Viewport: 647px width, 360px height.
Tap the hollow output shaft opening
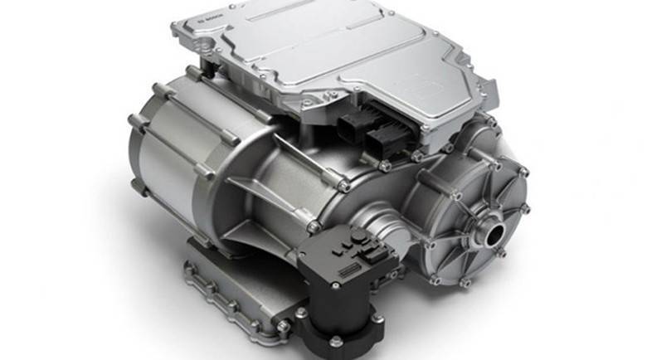(x=494, y=229)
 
